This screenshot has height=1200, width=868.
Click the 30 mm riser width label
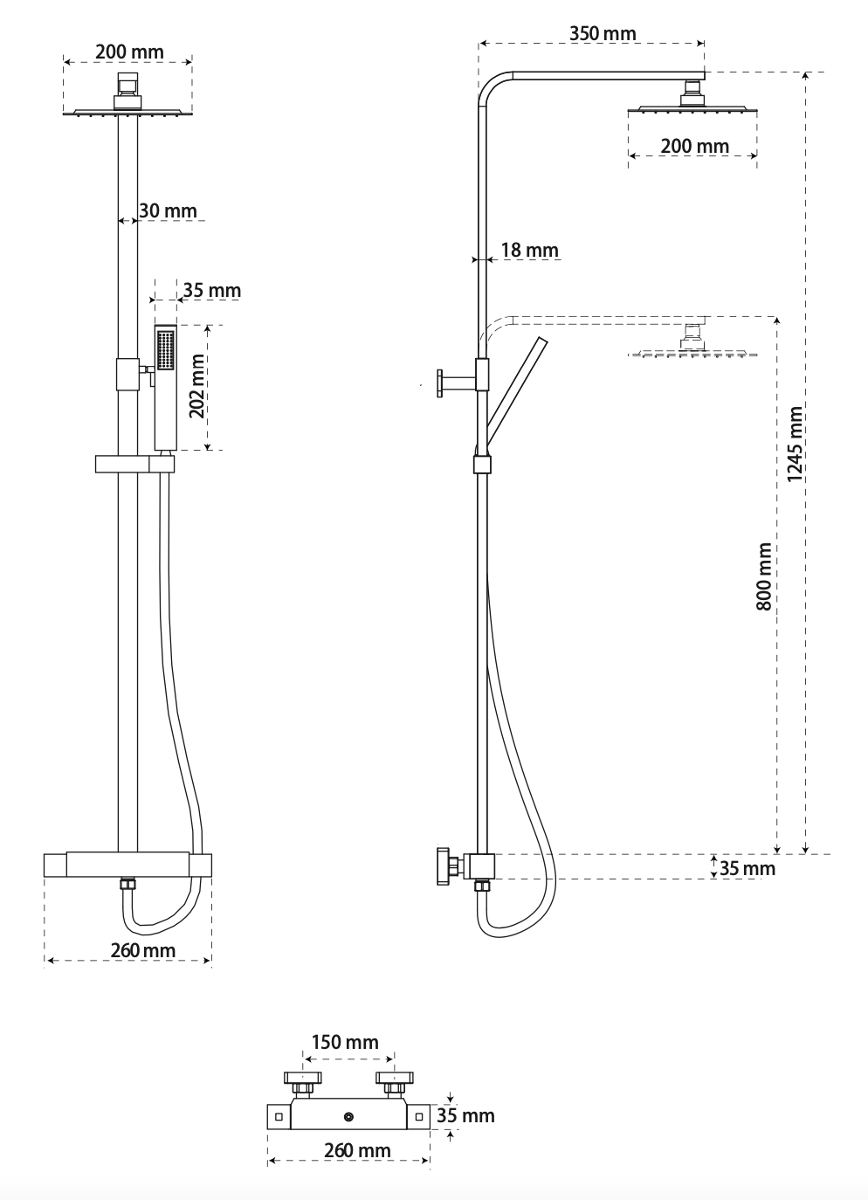(x=168, y=210)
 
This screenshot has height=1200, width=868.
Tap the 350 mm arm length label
(x=603, y=34)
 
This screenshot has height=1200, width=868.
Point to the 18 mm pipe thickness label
(x=529, y=250)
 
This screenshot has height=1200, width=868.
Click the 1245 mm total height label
(x=795, y=444)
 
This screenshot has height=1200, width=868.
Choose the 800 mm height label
(x=764, y=576)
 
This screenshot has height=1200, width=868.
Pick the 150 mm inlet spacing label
(x=345, y=1042)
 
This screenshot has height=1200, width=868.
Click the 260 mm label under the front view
(x=142, y=950)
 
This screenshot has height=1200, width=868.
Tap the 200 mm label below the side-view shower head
(x=694, y=146)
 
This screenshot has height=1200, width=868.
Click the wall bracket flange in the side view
(x=438, y=382)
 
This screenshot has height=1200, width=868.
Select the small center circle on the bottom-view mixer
(x=348, y=1117)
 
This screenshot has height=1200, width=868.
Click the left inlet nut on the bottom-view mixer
(x=302, y=1088)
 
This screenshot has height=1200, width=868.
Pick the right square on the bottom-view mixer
(x=419, y=1117)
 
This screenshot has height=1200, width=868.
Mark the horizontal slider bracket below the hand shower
(x=134, y=464)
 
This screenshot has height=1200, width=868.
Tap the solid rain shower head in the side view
(x=692, y=109)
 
